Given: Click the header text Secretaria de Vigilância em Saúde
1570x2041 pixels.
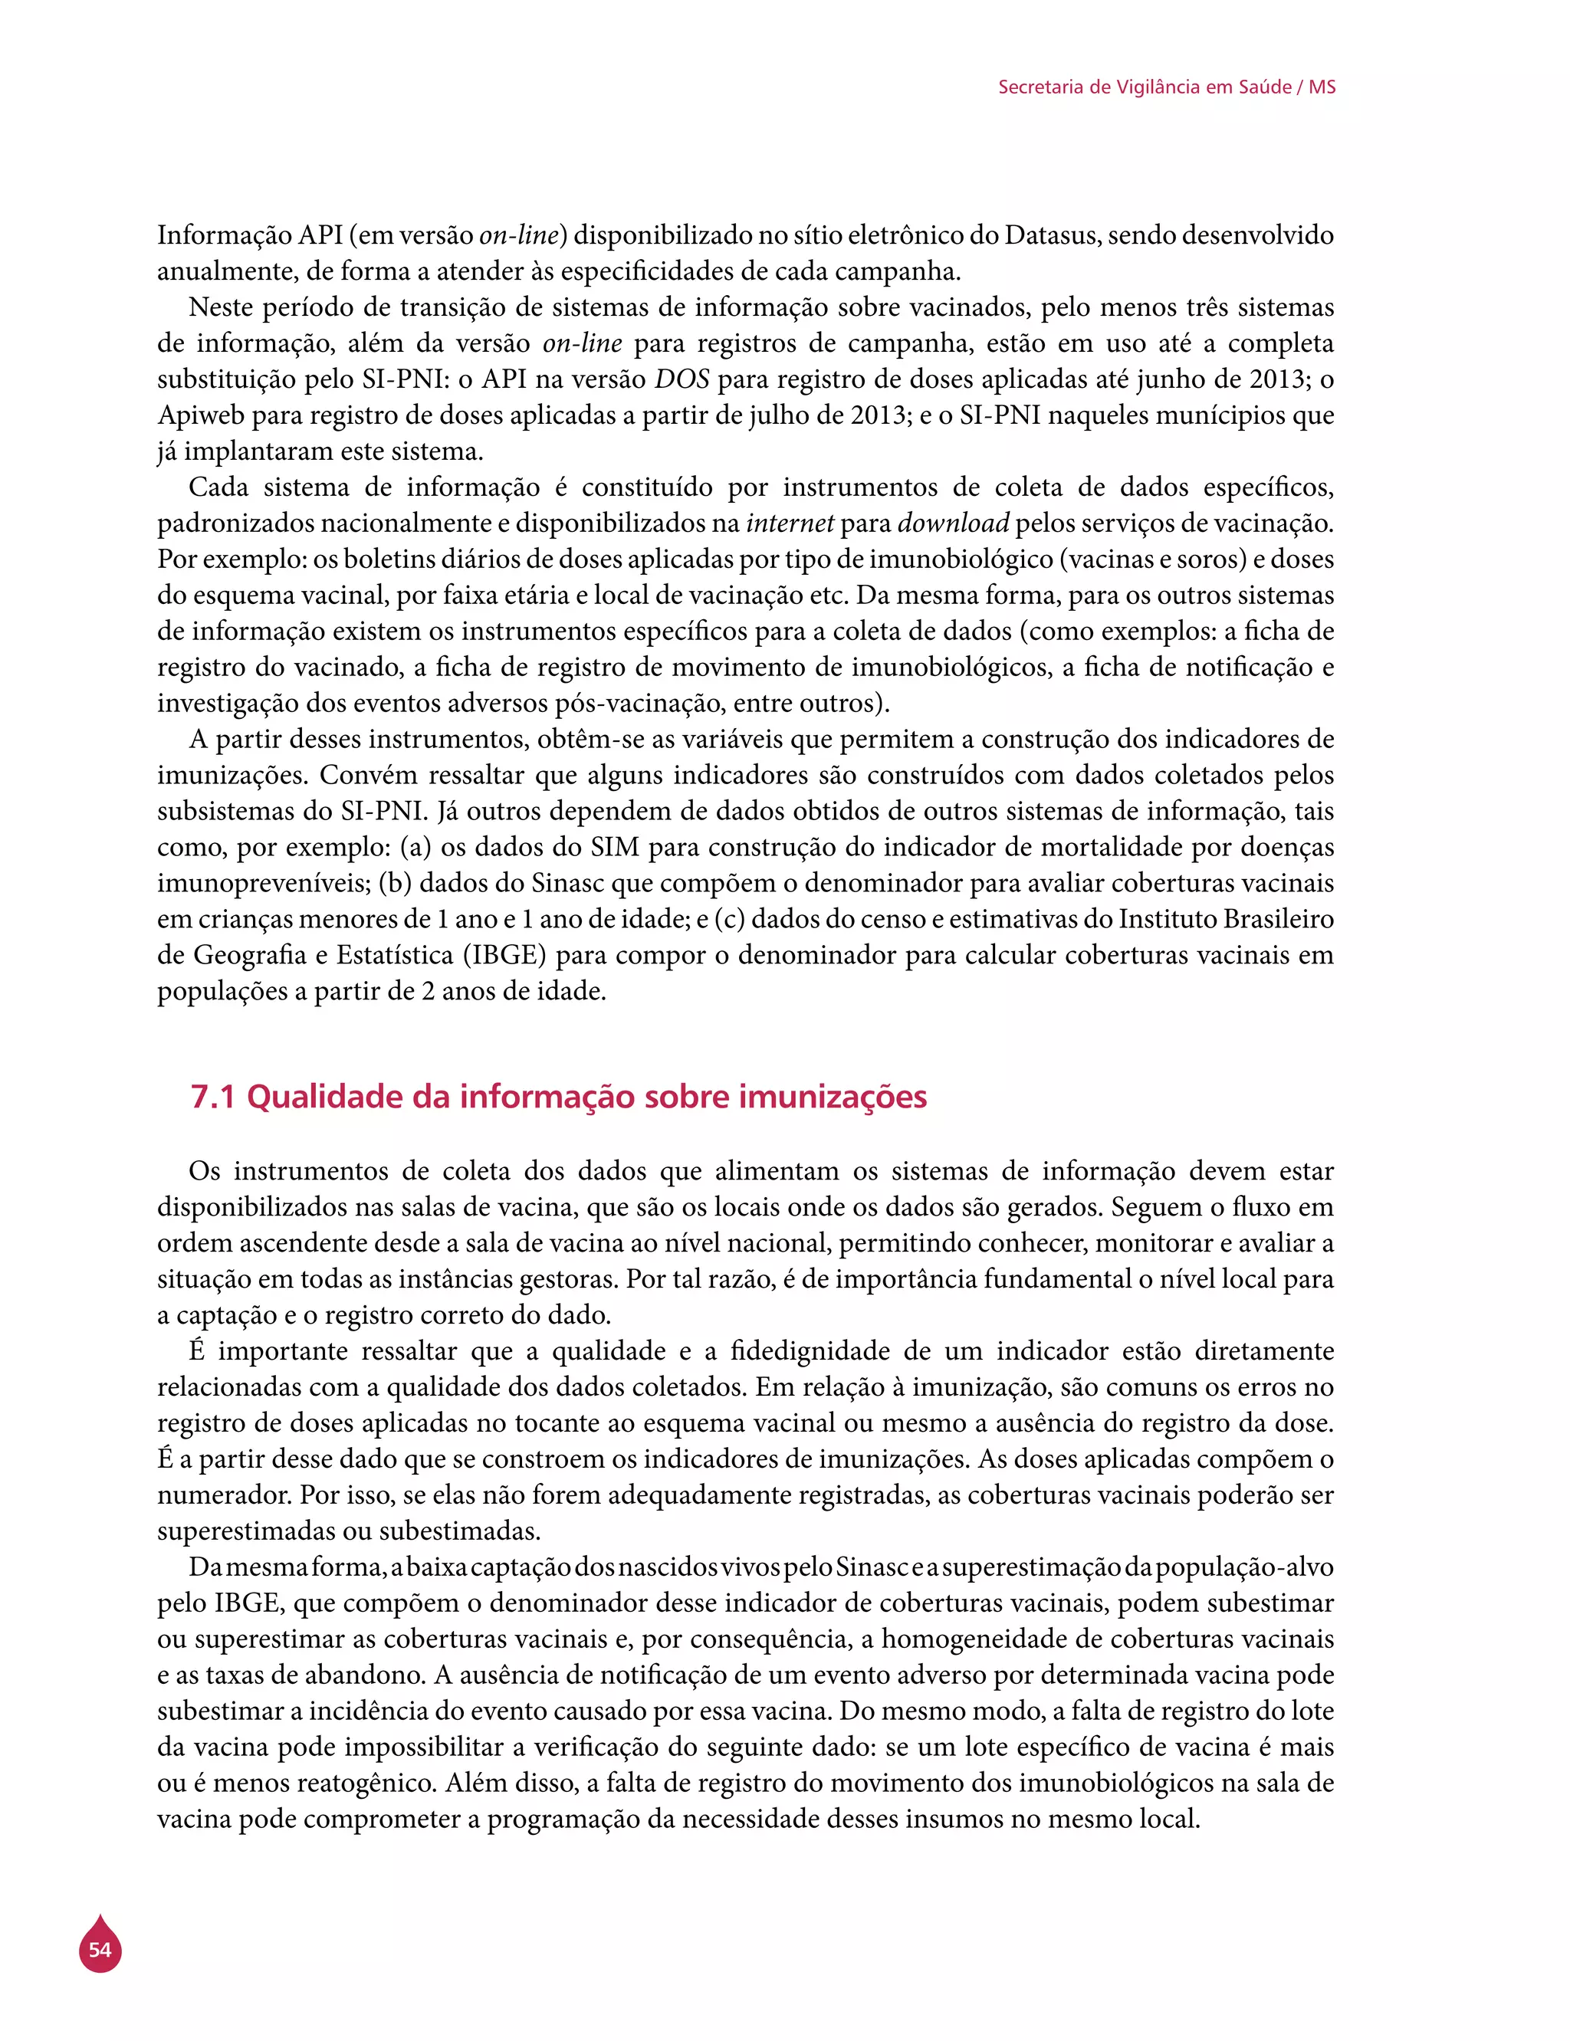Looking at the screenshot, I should point(1144,87).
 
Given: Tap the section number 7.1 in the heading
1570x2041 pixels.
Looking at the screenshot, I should point(212,1096).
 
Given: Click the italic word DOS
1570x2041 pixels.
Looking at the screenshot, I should point(682,379).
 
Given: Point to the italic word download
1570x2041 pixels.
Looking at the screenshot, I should point(952,523).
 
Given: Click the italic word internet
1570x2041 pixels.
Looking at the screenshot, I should point(789,523).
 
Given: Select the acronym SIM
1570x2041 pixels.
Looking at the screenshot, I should point(614,847).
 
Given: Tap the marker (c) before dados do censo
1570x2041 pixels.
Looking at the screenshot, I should point(729,919).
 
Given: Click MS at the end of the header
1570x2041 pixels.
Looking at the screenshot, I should point(1322,87).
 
